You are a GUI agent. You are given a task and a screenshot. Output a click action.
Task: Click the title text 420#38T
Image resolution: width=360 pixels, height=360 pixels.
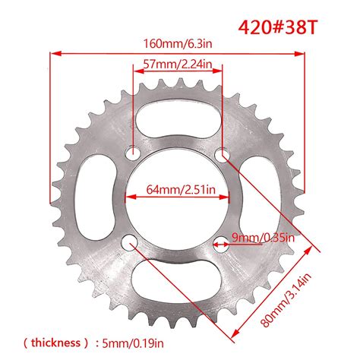(x=277, y=27)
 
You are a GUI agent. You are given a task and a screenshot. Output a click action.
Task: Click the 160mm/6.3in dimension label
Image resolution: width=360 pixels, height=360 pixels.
(x=178, y=43)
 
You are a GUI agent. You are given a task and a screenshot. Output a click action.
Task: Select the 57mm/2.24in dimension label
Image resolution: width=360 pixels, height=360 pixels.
(x=178, y=64)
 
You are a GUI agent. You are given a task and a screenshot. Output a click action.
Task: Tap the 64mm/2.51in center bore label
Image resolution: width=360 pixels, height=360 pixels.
(x=181, y=189)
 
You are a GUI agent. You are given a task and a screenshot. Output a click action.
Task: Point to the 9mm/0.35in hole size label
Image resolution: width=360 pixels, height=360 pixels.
(x=264, y=238)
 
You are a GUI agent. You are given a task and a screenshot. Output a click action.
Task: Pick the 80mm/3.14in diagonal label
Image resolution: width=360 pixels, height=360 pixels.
(x=286, y=300)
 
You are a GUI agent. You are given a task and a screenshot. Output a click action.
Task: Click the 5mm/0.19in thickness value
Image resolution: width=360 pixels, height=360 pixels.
(x=133, y=343)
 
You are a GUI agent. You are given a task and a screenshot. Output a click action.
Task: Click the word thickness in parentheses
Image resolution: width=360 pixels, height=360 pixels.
(x=55, y=343)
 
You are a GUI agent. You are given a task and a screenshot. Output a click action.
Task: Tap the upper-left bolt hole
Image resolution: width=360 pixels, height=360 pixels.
(x=133, y=153)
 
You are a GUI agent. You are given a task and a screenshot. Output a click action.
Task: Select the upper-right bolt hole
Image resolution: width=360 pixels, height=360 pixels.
(x=222, y=155)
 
